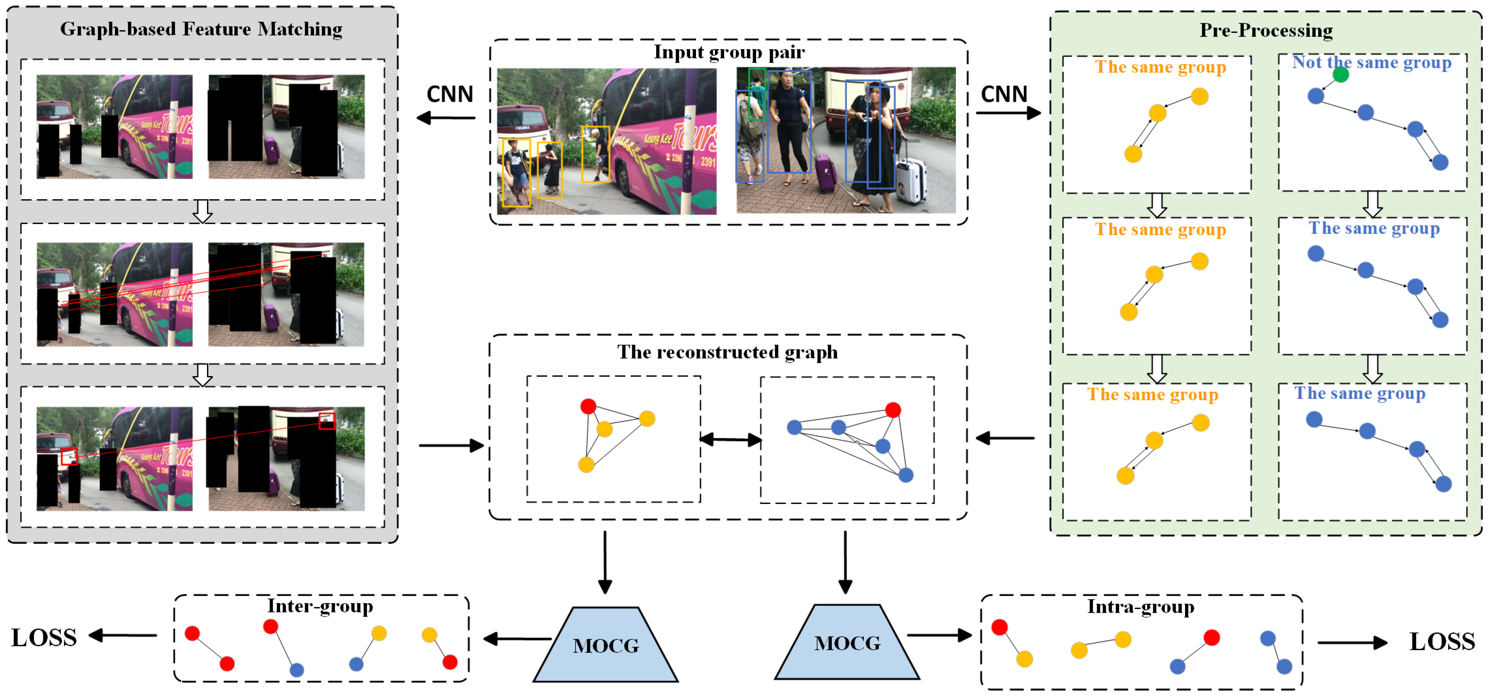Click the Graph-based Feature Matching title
click(x=201, y=29)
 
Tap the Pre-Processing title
click(x=1266, y=30)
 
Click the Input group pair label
click(x=729, y=52)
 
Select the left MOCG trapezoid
click(x=606, y=645)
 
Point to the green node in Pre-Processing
click(x=1341, y=75)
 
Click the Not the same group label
click(x=1372, y=62)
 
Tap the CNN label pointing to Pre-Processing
click(x=1004, y=94)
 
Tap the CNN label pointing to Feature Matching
click(x=450, y=94)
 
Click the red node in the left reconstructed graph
click(x=588, y=406)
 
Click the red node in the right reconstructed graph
click(x=893, y=410)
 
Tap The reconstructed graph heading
click(x=727, y=352)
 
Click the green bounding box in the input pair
click(x=757, y=95)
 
